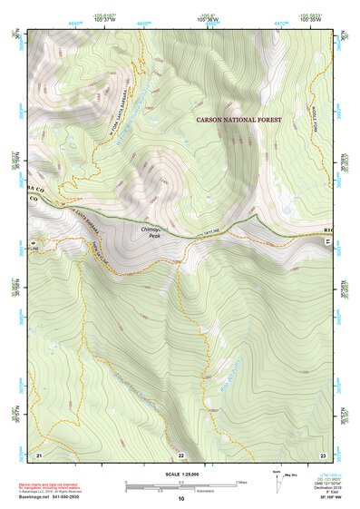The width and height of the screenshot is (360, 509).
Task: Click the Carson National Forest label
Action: [x=239, y=119]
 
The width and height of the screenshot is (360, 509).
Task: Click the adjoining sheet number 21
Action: [x=40, y=454]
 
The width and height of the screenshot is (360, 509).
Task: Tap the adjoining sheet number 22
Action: [x=180, y=454]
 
